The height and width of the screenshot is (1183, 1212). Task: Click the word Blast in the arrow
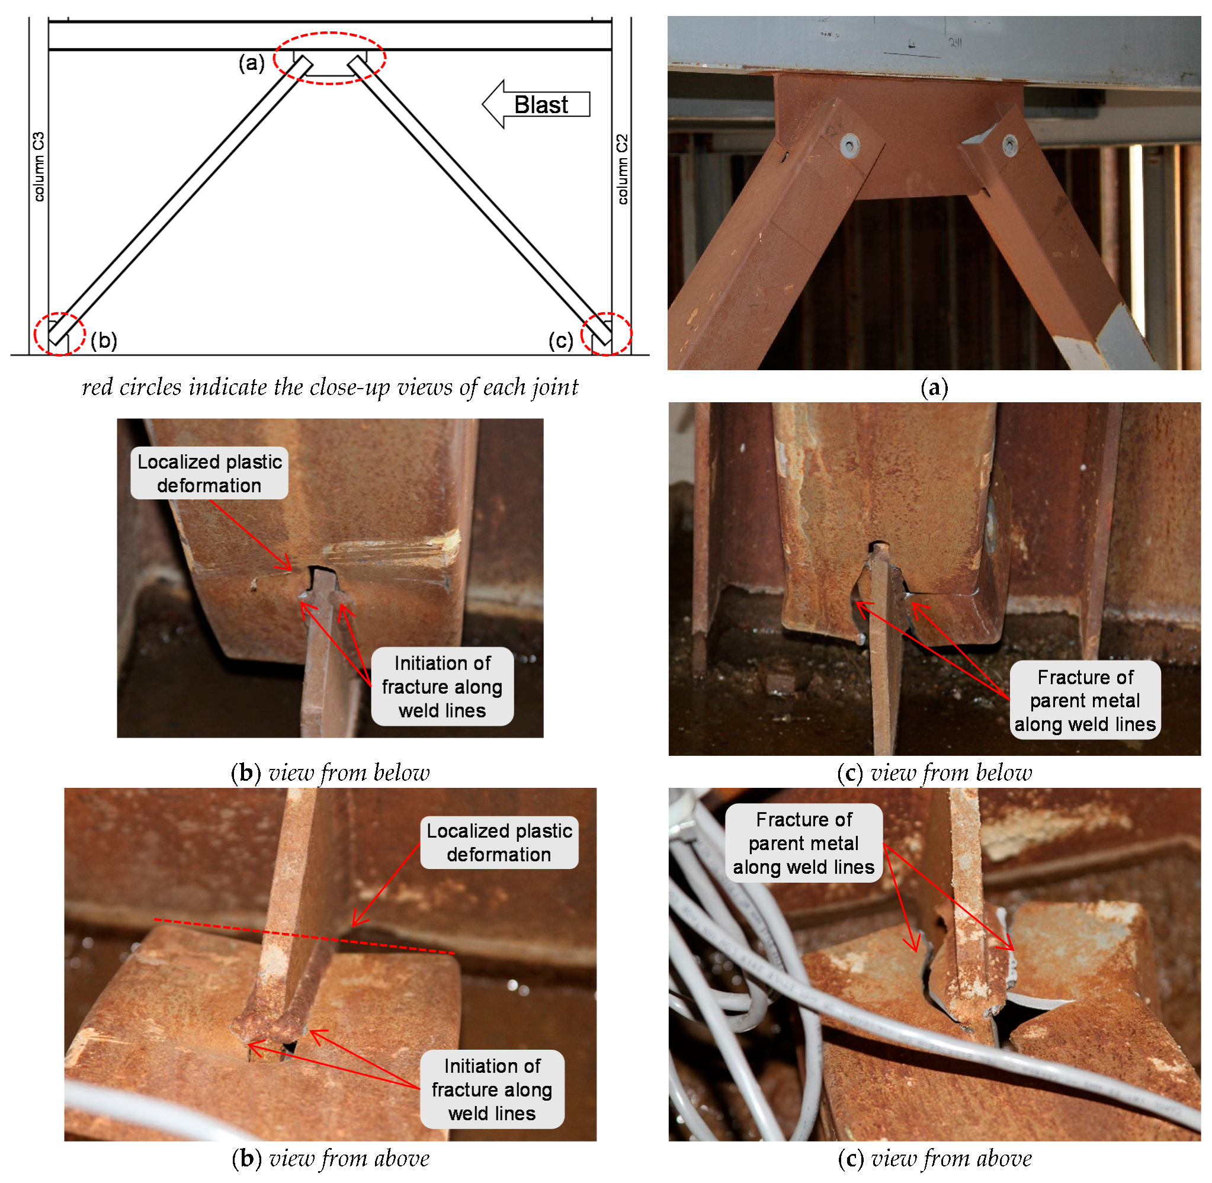(540, 104)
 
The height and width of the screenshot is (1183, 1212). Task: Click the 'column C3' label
(39, 166)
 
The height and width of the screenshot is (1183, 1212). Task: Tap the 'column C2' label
(622, 169)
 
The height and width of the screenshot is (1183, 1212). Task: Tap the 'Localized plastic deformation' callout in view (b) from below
(209, 473)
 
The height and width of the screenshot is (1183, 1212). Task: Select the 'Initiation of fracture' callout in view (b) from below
(443, 687)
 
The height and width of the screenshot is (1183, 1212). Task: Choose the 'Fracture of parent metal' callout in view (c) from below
(1085, 700)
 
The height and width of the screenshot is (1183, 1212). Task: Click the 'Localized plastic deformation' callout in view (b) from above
(499, 842)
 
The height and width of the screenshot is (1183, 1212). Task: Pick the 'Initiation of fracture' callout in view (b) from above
(492, 1089)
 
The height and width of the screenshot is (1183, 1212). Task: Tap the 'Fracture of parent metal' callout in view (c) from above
(803, 842)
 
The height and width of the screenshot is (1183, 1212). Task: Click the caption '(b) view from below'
(330, 772)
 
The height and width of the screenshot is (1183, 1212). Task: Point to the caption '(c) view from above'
(934, 1158)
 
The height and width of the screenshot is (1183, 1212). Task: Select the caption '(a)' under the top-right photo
(934, 387)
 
